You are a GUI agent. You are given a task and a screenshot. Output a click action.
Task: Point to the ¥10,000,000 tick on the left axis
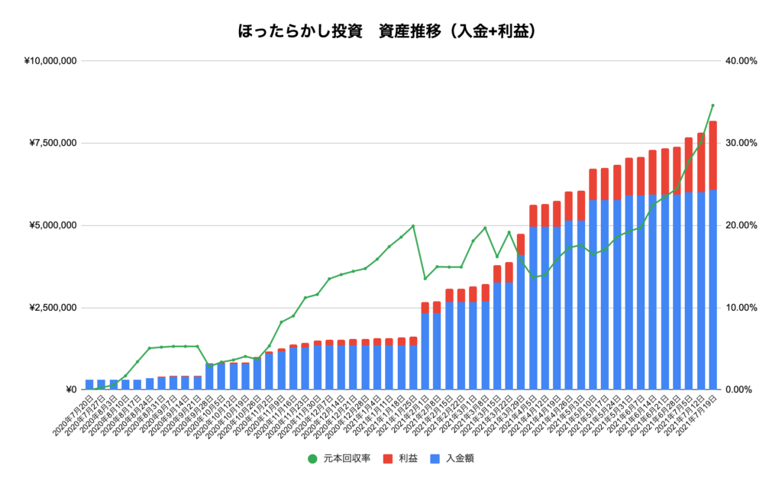[45, 60]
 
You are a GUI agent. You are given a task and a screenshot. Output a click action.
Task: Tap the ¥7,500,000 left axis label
[48, 143]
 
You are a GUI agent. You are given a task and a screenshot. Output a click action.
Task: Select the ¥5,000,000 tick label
[48, 225]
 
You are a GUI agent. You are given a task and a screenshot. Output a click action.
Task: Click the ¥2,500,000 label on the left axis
[48, 308]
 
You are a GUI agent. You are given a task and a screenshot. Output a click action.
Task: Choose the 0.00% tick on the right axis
[738, 390]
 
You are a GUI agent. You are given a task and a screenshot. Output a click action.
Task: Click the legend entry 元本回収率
[343, 459]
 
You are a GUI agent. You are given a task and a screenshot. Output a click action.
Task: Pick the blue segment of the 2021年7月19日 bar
[713, 290]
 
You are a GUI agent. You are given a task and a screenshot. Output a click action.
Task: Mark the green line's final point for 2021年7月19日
[713, 105]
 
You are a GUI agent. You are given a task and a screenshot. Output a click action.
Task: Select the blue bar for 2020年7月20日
[89, 385]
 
